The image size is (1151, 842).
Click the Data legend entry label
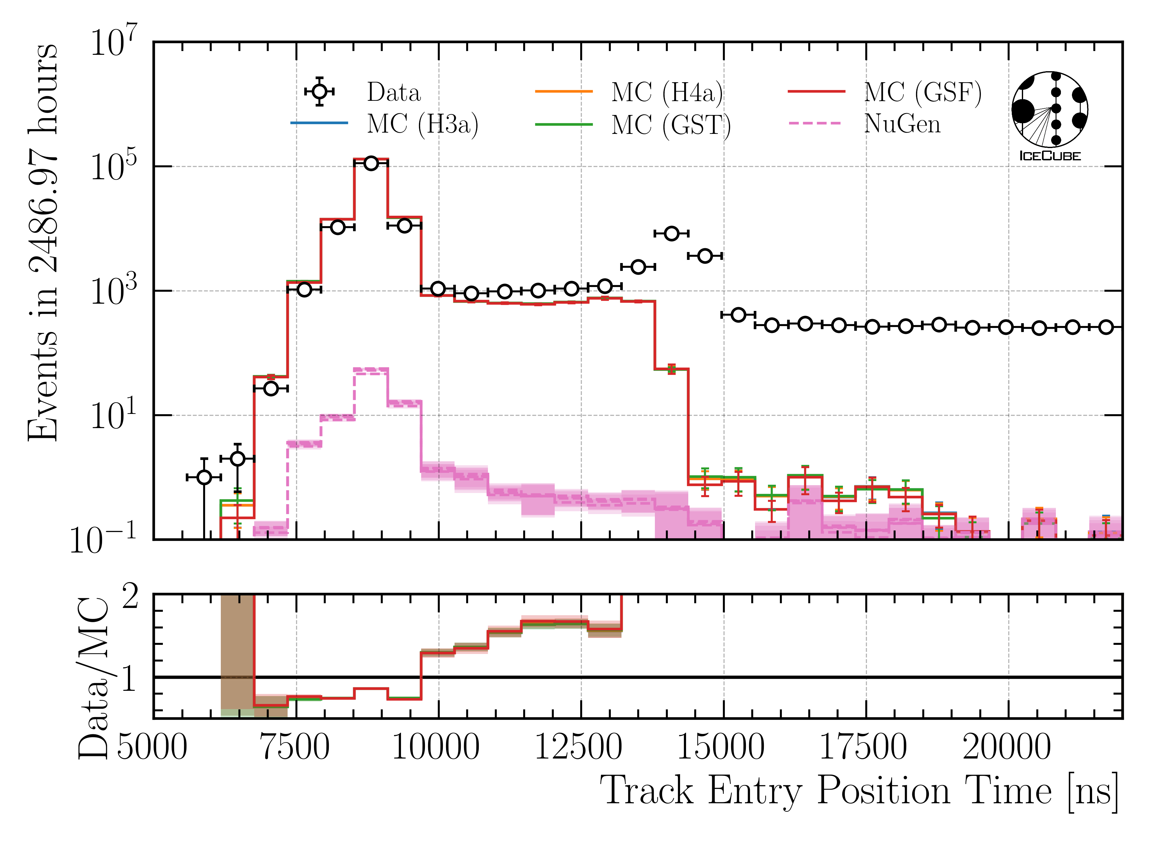tap(393, 92)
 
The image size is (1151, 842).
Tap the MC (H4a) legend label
tap(667, 92)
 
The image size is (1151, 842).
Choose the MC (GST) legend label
tap(671, 125)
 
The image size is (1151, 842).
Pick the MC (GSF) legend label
tap(922, 92)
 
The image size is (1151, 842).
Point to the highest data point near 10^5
tap(371, 163)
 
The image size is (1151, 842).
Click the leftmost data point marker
tap(204, 477)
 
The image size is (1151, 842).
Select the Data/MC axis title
tap(94, 678)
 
